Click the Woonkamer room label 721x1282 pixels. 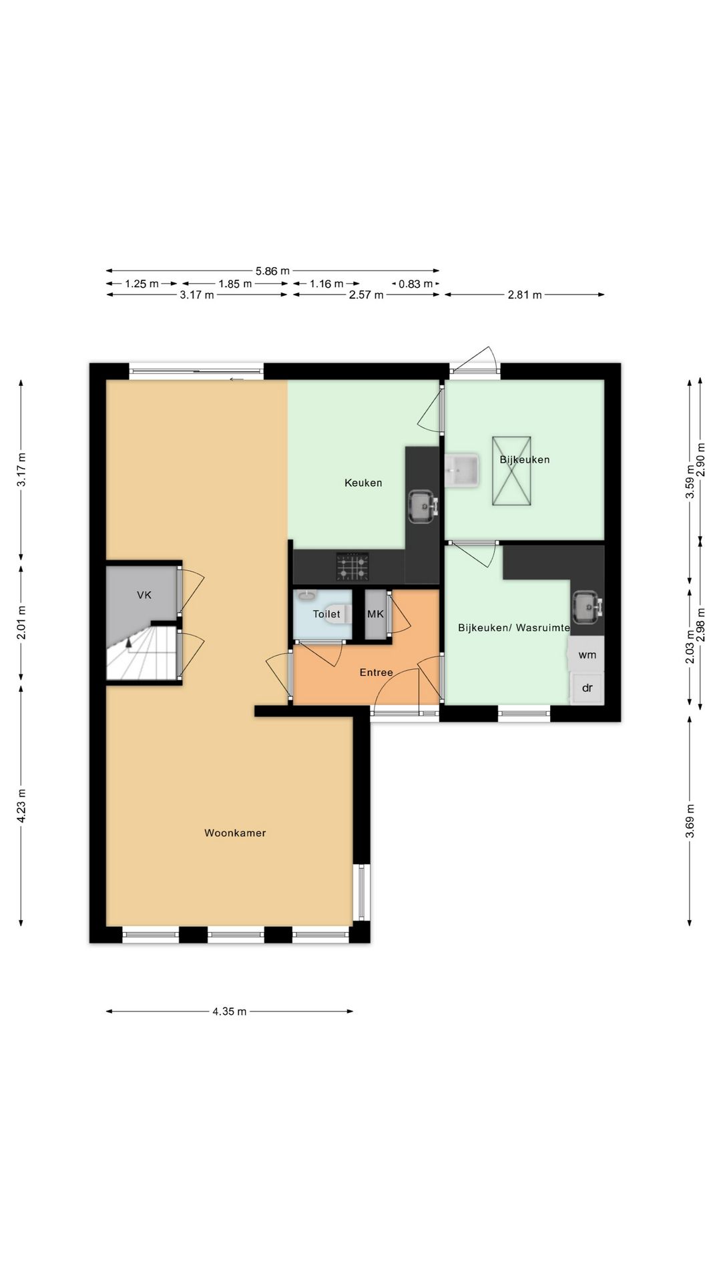(235, 833)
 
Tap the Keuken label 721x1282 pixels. (363, 483)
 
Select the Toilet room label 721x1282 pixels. (326, 614)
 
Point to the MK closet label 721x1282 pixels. (376, 614)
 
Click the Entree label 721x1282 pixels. (377, 672)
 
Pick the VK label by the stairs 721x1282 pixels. (144, 594)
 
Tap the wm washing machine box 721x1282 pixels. (587, 654)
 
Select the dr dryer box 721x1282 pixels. (587, 688)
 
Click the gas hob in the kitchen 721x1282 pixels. (352, 567)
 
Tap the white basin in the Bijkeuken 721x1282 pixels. (462, 471)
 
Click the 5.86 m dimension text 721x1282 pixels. (272, 270)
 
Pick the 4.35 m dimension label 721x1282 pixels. (230, 1011)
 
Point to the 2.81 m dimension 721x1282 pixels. (525, 294)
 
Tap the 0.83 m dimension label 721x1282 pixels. (416, 284)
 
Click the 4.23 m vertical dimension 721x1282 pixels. (21, 806)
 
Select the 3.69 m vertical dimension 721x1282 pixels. (690, 821)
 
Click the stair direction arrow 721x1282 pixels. (128, 643)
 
